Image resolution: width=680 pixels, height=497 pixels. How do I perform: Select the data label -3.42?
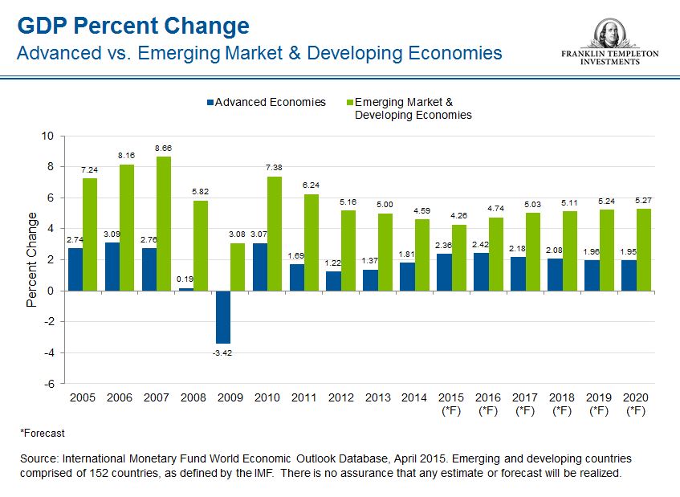click(222, 352)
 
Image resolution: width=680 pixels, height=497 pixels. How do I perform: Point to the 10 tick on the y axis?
click(47, 136)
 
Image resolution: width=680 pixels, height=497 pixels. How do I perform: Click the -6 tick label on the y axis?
click(49, 384)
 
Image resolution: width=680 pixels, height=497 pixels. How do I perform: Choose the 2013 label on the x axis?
click(378, 397)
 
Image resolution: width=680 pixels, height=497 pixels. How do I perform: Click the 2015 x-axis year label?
click(452, 397)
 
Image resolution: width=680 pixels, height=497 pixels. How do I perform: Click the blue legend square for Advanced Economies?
click(210, 103)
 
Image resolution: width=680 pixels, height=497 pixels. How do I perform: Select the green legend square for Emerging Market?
click(349, 103)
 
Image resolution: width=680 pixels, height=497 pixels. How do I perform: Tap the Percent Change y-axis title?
click(32, 259)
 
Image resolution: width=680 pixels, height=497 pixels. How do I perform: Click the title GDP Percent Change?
click(133, 26)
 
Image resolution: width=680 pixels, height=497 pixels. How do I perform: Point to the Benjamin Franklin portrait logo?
click(609, 35)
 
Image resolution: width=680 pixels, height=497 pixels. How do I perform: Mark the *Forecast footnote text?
click(42, 432)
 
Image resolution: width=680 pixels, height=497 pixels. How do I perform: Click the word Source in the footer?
click(37, 458)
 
